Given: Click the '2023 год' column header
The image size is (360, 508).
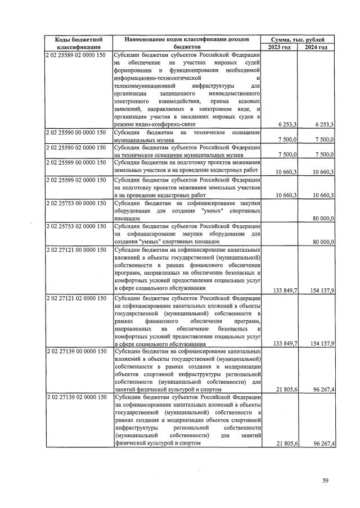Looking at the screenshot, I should (279, 47).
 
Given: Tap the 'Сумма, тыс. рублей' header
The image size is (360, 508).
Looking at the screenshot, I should (298, 39).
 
